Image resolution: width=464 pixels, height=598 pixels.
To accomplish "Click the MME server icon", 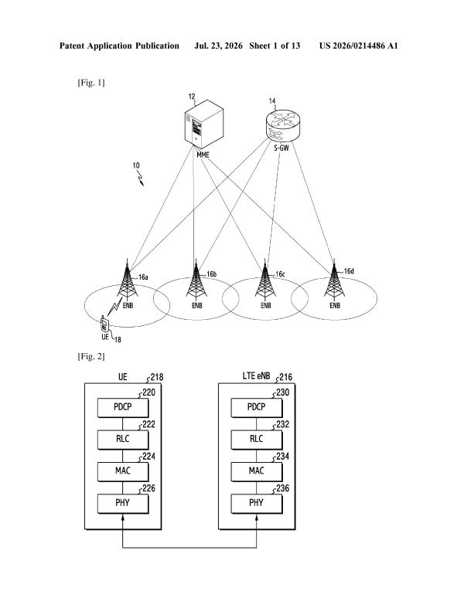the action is point(203,124).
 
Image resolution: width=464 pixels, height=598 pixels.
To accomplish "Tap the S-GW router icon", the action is point(282,125).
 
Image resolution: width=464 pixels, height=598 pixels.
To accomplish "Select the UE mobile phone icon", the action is point(104,324).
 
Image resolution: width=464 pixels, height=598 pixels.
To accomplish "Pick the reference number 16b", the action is point(212,274).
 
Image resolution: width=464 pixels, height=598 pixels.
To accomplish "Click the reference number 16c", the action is point(281,274).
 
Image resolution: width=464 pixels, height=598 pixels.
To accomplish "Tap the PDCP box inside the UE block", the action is point(123,408).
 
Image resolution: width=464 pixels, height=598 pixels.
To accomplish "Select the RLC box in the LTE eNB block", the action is point(257,440).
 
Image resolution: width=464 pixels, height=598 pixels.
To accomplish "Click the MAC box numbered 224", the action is point(123,472).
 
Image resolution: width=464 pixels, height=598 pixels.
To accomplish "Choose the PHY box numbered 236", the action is point(257,504).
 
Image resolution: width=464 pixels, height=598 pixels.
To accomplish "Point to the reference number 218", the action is point(157,377).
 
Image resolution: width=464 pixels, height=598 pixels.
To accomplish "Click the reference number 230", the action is point(283,392).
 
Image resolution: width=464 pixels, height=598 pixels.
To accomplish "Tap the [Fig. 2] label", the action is point(91,357).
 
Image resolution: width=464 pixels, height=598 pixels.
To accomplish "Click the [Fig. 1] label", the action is point(91,83).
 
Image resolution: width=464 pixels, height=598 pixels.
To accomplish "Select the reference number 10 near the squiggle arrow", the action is point(136,166).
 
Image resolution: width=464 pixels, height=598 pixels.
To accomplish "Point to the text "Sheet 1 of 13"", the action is point(275,46).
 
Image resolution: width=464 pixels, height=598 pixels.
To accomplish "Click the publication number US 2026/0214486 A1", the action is point(359,46).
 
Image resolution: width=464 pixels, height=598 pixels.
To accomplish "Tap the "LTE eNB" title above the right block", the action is point(257,375).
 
